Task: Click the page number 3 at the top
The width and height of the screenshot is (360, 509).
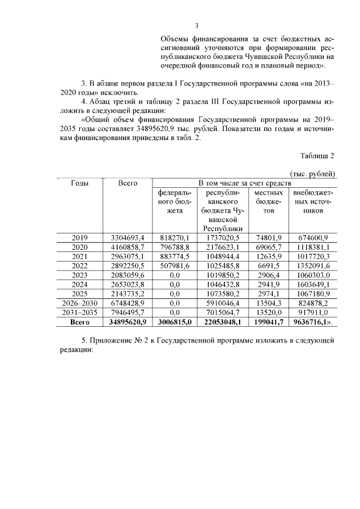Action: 197,25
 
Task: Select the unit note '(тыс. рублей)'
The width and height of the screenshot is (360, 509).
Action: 312,173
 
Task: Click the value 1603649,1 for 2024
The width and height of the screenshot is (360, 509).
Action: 314,284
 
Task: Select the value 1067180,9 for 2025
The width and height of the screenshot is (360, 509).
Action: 314,294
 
